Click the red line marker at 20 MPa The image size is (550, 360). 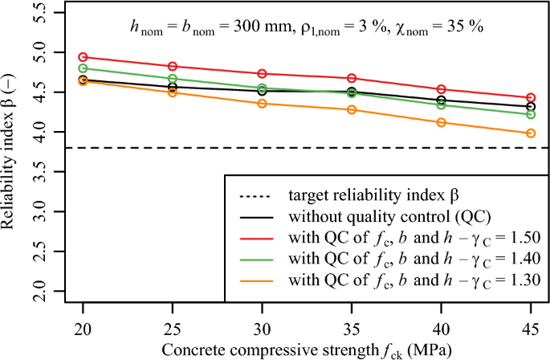pyautogui.click(x=83, y=57)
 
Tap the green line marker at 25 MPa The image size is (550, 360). pyautogui.click(x=173, y=79)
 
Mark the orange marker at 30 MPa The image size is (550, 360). pyautogui.click(x=262, y=104)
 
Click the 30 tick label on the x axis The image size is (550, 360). pyautogui.click(x=262, y=331)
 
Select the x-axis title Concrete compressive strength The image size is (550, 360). pyautogui.click(x=306, y=350)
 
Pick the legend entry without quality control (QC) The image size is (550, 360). pyautogui.click(x=385, y=216)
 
